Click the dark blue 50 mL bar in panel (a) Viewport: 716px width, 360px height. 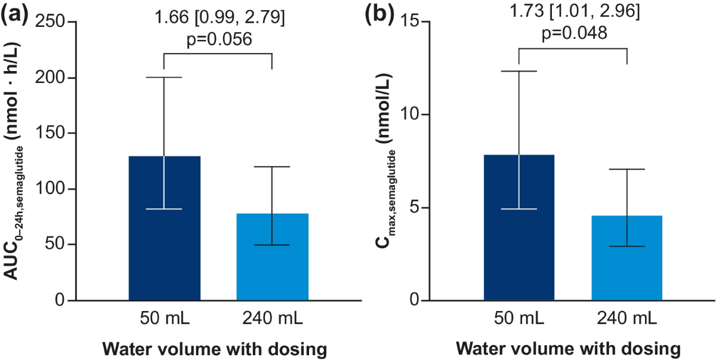tap(164, 228)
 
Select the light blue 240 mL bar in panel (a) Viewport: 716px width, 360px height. tap(272, 257)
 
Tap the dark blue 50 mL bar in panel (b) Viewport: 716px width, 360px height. tap(519, 227)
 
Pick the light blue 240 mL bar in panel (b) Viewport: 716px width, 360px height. tap(626, 258)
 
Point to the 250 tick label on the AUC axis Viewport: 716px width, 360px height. tap(50, 21)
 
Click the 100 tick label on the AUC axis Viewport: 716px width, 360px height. tap(50, 189)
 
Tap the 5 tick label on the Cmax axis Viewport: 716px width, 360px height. tap(415, 208)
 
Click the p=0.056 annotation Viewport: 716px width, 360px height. tap(220, 39)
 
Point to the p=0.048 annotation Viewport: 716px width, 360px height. tap(575, 33)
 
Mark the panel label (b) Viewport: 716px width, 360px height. tap(379, 15)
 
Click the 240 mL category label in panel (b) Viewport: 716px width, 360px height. tap(626, 318)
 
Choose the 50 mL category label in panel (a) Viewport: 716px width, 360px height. tap(165, 318)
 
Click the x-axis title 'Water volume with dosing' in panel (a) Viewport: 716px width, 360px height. tap(214, 349)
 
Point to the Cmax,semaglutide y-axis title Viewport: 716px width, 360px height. tap(384, 161)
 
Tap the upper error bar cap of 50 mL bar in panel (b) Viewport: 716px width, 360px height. tap(519, 71)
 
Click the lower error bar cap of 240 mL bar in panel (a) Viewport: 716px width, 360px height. tap(272, 245)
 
